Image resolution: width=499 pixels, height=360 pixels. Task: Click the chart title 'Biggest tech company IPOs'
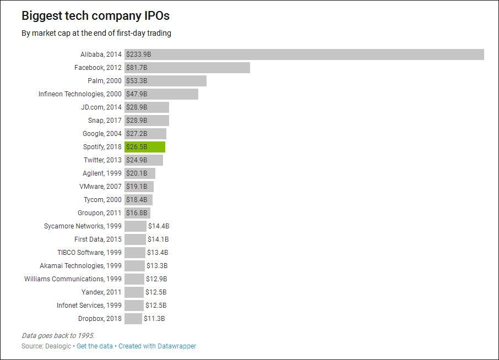pos(95,15)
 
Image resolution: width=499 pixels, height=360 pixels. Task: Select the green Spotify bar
pos(145,147)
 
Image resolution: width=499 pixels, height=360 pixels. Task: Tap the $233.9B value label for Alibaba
pos(138,54)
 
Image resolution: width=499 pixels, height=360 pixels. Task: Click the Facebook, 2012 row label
pos(98,68)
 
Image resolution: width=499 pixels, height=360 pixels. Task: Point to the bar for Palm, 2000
pos(165,81)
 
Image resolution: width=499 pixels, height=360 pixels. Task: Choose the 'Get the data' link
pos(95,346)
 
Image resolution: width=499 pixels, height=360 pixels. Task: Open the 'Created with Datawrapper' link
pos(157,346)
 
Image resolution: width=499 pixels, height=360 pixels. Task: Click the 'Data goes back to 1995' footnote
pos(58,336)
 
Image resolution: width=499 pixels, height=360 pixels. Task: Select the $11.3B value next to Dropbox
pos(154,319)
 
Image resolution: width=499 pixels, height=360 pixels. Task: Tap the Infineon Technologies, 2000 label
pos(80,94)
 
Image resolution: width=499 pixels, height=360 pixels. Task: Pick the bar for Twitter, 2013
pos(144,160)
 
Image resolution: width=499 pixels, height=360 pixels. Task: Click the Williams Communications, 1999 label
pos(73,279)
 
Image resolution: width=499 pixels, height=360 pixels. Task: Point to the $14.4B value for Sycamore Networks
pos(159,226)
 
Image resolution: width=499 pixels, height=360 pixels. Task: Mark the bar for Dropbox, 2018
pos(133,319)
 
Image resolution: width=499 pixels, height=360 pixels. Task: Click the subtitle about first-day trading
pos(96,33)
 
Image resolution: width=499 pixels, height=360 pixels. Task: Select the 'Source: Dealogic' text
pos(46,346)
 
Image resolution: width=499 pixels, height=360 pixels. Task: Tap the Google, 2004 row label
pos(102,134)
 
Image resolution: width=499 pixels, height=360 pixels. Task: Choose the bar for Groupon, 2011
pos(138,213)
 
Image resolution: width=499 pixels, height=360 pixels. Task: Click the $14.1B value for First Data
pos(158,239)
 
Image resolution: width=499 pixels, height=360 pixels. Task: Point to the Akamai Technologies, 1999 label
pos(80,265)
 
